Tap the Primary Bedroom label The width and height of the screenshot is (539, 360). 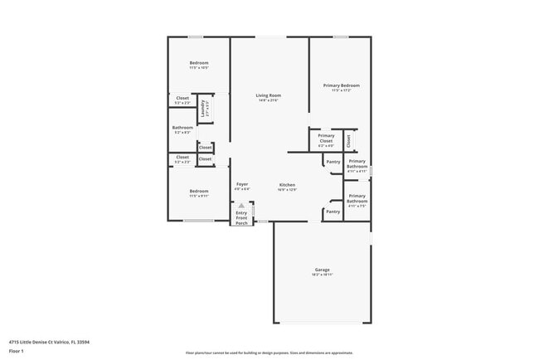(x=341, y=87)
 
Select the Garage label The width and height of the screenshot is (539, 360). (x=322, y=271)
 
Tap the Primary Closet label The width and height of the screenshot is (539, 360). (x=326, y=140)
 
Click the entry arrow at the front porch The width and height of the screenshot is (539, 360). (x=242, y=205)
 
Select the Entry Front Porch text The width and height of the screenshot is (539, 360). (x=241, y=218)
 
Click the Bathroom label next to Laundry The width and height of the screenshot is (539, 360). (x=182, y=129)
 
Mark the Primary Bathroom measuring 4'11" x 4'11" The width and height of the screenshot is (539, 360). (x=357, y=166)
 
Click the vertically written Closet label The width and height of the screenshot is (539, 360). (x=348, y=140)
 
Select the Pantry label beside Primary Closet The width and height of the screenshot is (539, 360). (x=333, y=162)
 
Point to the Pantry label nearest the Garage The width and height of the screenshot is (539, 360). (x=333, y=212)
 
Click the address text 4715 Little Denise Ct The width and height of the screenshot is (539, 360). (x=50, y=341)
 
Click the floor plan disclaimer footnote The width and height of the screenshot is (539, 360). (x=269, y=353)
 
